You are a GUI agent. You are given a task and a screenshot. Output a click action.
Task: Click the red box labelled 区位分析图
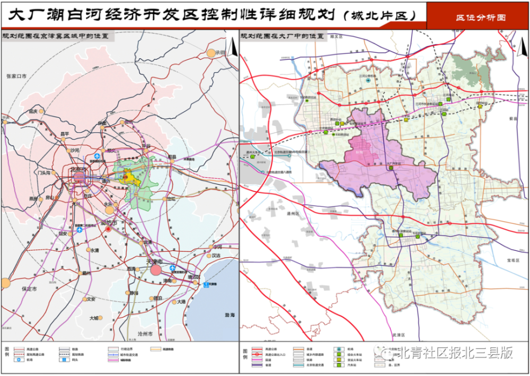click(x=480, y=17)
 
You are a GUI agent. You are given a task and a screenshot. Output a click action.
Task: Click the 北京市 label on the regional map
click(x=79, y=170)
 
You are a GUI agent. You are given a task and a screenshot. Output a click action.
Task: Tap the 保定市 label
click(x=28, y=290)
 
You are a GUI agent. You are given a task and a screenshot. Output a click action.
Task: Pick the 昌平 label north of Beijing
click(x=65, y=134)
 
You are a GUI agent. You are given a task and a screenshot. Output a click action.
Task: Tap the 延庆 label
click(x=33, y=111)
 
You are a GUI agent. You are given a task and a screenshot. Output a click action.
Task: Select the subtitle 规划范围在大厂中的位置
click(x=281, y=36)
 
